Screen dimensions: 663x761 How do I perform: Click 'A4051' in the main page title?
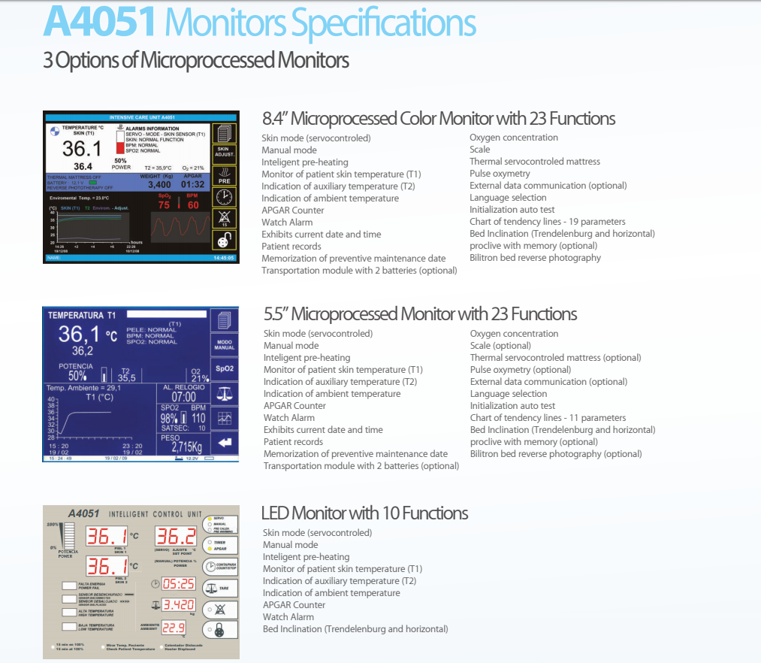(99, 23)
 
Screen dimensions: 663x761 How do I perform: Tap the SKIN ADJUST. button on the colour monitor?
(224, 154)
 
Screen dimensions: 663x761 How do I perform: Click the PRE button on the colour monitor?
(224, 176)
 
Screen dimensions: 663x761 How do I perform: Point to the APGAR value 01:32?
(192, 184)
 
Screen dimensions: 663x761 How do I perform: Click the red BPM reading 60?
(193, 205)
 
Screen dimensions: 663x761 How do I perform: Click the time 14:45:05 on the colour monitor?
(224, 258)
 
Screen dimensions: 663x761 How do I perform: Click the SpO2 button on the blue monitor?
(224, 369)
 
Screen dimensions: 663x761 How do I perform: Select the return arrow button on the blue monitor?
(224, 442)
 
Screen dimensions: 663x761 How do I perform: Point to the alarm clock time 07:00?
(183, 397)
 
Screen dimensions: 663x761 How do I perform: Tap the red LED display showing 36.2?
(176, 537)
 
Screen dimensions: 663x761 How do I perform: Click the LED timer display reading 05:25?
(179, 584)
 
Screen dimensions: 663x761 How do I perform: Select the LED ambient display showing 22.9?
(174, 628)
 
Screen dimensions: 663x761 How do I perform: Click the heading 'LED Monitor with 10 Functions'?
(364, 513)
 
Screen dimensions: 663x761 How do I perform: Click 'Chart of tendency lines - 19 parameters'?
(547, 222)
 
